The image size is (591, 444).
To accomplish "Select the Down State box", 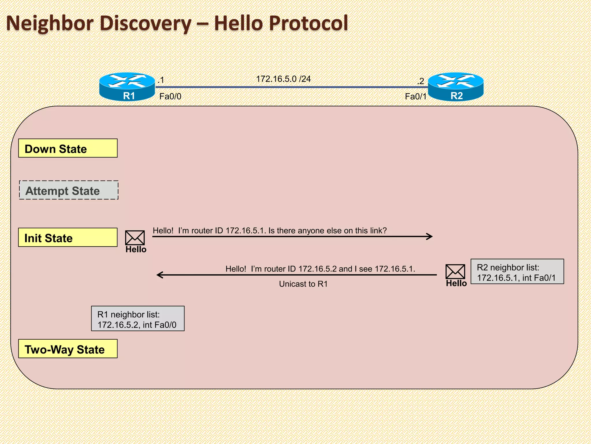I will tap(68, 148).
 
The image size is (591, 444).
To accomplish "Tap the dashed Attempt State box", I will tap(69, 190).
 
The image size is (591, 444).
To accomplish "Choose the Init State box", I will tap(68, 238).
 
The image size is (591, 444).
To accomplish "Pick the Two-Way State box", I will tap(68, 349).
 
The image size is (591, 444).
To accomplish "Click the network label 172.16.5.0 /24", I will tap(283, 79).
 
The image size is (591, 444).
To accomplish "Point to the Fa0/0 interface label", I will tap(170, 97).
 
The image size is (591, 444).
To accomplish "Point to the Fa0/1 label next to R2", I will tap(416, 97).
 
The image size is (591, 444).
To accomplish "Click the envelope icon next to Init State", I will tap(135, 238).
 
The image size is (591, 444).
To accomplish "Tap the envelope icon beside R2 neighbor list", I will tap(455, 272).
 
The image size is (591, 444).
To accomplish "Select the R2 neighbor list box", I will tap(517, 272).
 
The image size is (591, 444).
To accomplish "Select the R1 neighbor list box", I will tap(138, 319).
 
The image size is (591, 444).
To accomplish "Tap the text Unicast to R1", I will tap(303, 284).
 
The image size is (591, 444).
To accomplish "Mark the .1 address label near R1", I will tap(161, 80).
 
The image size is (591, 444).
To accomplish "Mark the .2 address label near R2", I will tap(420, 81).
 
